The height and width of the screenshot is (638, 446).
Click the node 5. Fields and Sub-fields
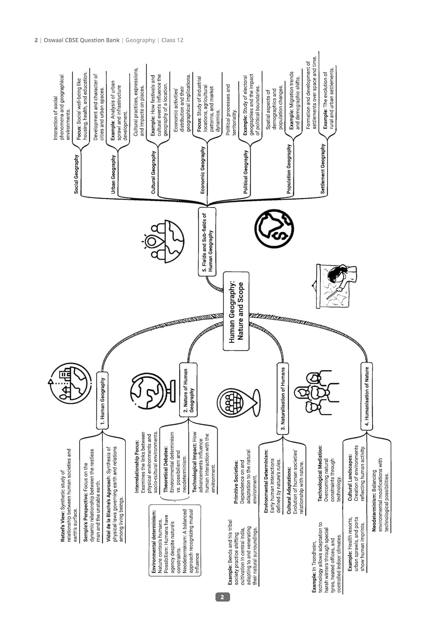(207, 242)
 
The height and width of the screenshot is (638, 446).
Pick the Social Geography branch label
(76, 174)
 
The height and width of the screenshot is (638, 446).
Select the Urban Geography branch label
(113, 174)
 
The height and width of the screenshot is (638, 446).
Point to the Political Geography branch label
(246, 172)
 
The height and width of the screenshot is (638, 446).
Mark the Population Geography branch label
(289, 169)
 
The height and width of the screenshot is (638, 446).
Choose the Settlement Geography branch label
(323, 169)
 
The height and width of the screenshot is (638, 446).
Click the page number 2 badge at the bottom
(222, 597)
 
